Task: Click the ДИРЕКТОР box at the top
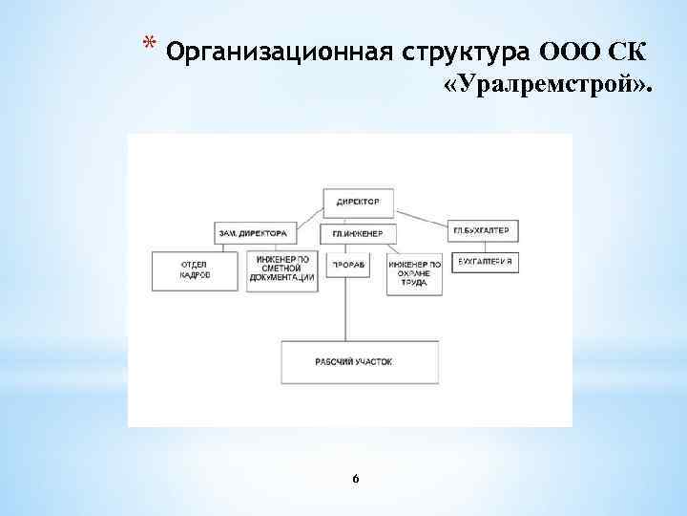coord(358,202)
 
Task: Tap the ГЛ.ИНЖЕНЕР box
coord(358,233)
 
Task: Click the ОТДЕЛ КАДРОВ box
coord(196,269)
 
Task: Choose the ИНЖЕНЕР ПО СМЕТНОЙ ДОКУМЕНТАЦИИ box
coord(281,271)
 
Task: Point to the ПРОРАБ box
coord(347,264)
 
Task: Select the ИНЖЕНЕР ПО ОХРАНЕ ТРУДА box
coord(414,273)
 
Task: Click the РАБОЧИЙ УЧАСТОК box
coord(354,362)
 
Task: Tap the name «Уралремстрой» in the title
coord(548,87)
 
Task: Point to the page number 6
coord(355,477)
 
